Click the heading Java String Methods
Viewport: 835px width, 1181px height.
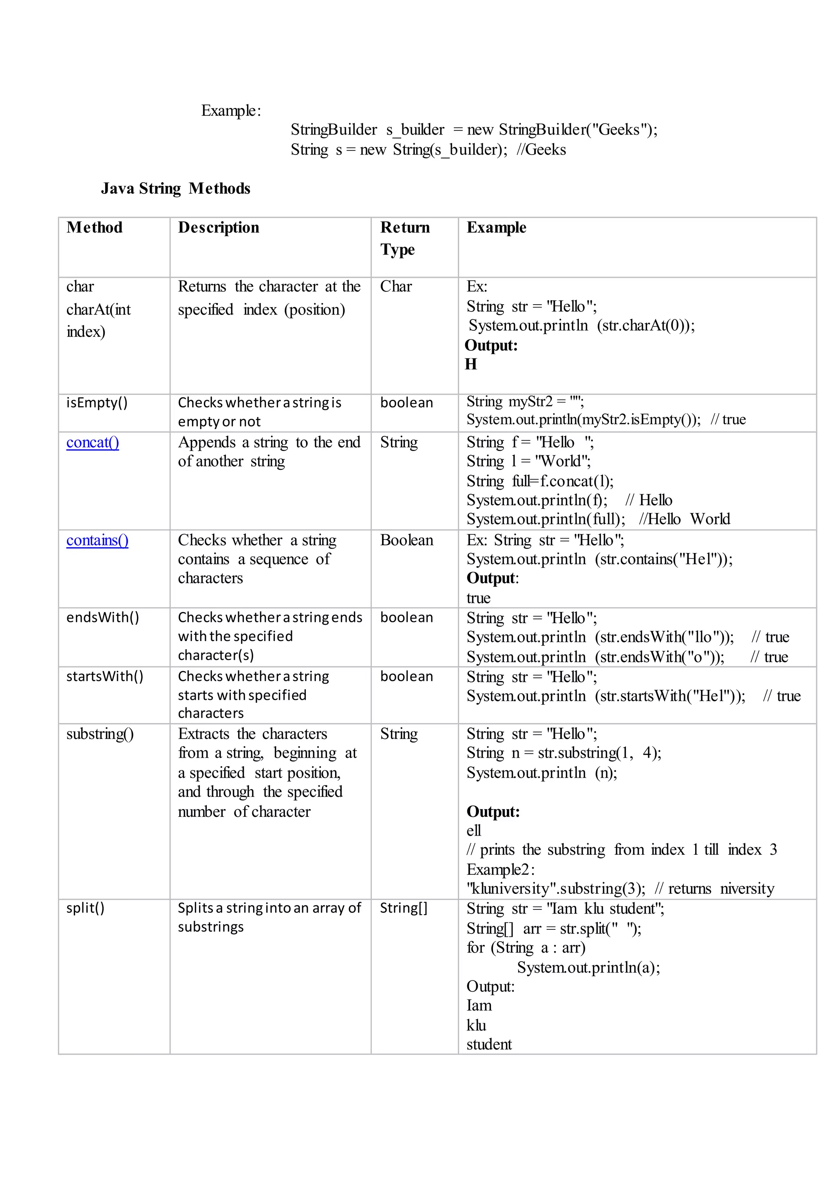pos(175,189)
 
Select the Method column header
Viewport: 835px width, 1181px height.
pos(95,228)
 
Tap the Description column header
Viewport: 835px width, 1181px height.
pos(219,228)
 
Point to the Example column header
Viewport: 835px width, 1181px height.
pos(496,228)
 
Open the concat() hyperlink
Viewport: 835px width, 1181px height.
pos(93,442)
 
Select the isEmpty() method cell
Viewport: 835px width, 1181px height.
pos(97,403)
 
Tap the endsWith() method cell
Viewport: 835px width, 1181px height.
pos(102,617)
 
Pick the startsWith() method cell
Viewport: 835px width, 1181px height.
pos(104,677)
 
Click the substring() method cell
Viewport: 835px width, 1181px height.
pos(100,734)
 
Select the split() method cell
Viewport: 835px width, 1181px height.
pos(85,908)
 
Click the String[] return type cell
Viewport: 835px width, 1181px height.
pos(404,908)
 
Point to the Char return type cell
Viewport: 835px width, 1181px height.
pos(396,287)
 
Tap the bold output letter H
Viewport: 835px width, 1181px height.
pos(471,364)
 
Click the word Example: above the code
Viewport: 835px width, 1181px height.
pos(231,111)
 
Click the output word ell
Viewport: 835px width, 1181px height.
pos(473,831)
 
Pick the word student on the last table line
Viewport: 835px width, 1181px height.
pos(489,1045)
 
